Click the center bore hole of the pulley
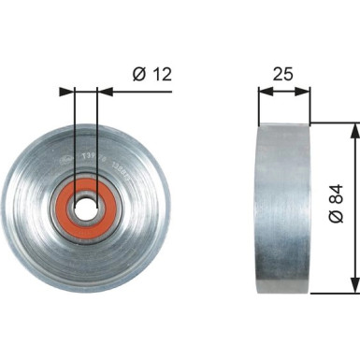click(x=87, y=208)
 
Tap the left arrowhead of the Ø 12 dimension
click(x=66, y=92)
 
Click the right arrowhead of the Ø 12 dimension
click(x=105, y=92)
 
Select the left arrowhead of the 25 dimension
click(x=264, y=92)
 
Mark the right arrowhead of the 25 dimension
click(x=305, y=92)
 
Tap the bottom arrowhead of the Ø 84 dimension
click(x=354, y=287)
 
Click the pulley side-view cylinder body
click(x=283, y=208)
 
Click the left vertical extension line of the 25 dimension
click(x=258, y=103)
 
